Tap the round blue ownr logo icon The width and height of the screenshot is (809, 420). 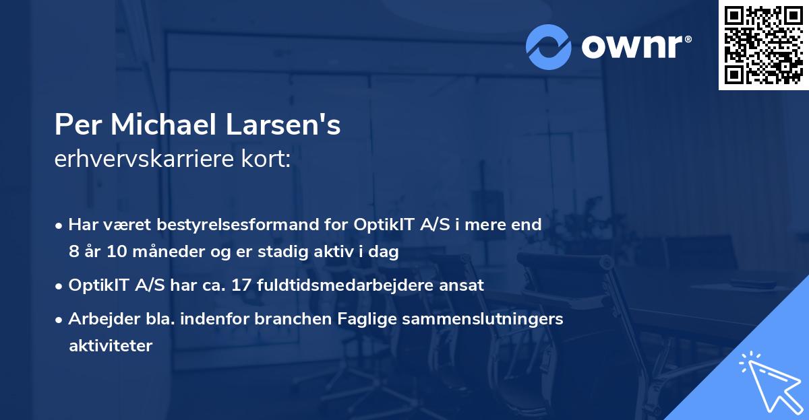pos(549,47)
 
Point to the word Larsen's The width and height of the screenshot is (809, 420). pos(297,125)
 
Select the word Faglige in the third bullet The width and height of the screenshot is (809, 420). pos(367,318)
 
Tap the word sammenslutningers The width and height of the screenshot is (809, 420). pos(481,318)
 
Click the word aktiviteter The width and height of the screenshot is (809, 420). pos(111,346)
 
